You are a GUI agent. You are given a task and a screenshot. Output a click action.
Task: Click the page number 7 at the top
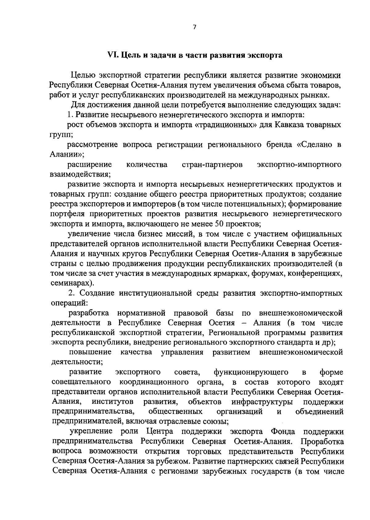194,27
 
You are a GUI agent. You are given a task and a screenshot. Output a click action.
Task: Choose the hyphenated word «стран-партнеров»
212,165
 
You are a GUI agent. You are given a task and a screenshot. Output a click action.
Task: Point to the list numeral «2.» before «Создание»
72,293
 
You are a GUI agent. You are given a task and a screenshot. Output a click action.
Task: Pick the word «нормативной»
142,313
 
